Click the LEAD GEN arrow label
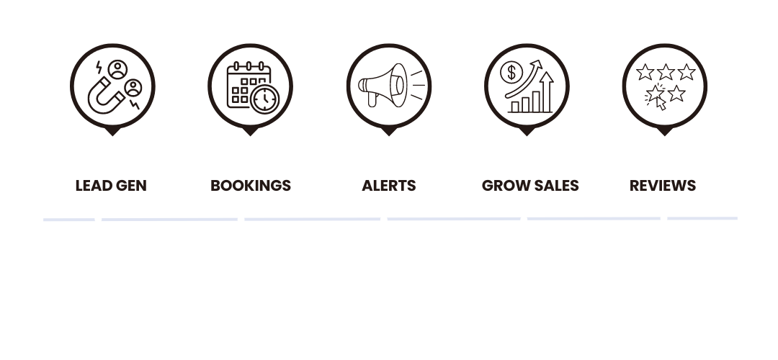[111, 186]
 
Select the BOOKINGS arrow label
[250, 186]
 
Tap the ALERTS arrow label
[388, 186]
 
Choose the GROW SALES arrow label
[530, 186]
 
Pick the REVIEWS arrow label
[663, 186]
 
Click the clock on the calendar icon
[266, 99]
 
